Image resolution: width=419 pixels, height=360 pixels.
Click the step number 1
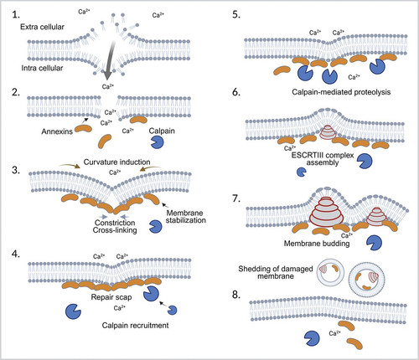[x=15, y=15]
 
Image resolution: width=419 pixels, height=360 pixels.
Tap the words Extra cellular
[x=42, y=27]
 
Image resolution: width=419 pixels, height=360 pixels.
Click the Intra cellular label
[x=42, y=68]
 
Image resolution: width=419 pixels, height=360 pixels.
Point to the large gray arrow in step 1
[x=110, y=60]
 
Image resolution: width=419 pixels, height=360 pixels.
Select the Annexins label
[x=57, y=131]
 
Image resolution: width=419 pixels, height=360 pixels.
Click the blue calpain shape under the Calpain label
[x=158, y=142]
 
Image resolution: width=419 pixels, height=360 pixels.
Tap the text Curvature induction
[x=116, y=162]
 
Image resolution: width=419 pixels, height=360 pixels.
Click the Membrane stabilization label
[x=186, y=217]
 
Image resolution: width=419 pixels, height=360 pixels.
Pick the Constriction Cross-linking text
[x=115, y=226]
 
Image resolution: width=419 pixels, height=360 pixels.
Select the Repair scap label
[x=111, y=297]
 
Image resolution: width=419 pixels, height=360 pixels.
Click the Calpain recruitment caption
[x=135, y=326]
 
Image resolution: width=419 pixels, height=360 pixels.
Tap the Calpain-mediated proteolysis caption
[x=341, y=92]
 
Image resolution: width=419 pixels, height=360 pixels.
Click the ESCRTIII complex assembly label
[x=323, y=159]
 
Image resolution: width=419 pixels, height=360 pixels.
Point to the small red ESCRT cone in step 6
[x=328, y=131]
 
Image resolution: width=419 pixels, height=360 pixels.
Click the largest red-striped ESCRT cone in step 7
[x=327, y=211]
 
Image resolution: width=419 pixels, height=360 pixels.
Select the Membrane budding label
[x=317, y=244]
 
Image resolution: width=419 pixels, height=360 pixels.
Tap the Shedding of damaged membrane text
[x=276, y=273]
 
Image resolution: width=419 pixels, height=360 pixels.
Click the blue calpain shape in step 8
[x=312, y=338]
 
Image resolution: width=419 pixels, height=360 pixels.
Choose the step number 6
[x=236, y=92]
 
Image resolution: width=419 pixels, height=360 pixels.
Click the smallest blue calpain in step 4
[x=172, y=310]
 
